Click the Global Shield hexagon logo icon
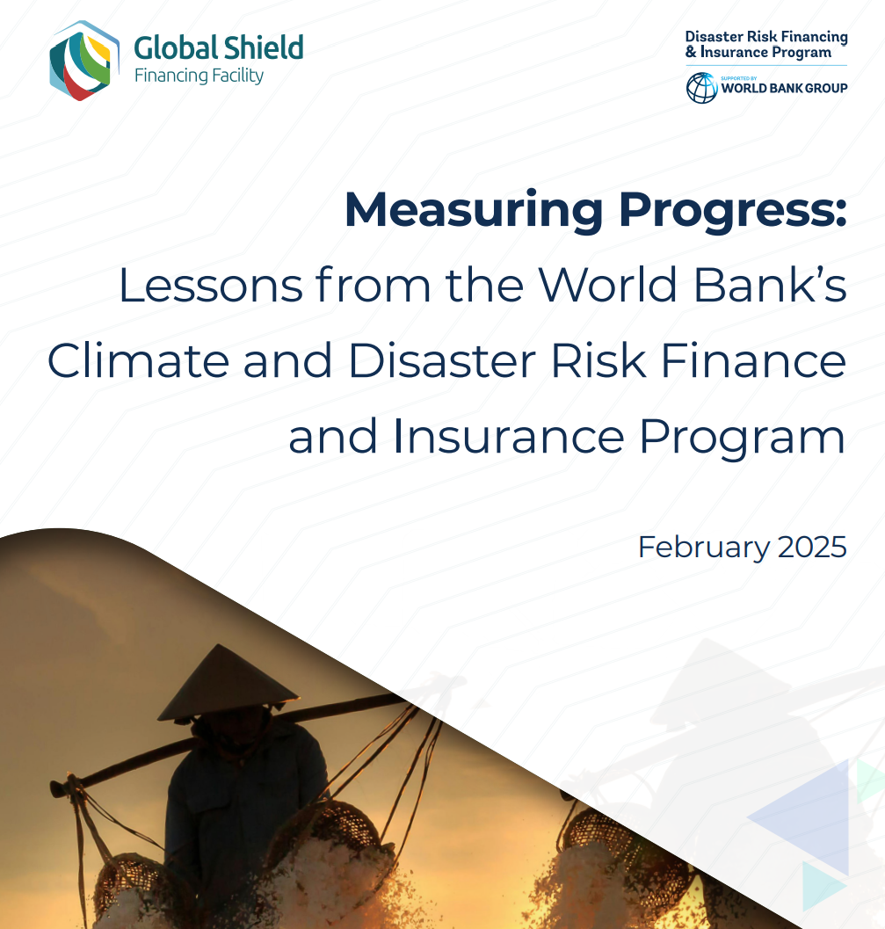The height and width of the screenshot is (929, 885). coord(83,61)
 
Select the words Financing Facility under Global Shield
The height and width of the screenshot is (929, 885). coord(199,76)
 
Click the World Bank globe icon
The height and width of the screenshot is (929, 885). coord(702,88)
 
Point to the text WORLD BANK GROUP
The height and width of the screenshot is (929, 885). coord(784,88)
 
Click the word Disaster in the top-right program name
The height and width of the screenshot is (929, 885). coord(714,37)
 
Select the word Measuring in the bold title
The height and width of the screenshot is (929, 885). coord(474,211)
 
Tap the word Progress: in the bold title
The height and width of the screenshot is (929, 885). coord(733,211)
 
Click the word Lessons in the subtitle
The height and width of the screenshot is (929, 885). coord(211,285)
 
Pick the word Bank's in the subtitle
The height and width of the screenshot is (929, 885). coord(770,285)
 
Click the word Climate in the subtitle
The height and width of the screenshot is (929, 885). coord(138,360)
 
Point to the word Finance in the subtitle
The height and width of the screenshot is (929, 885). coord(753,360)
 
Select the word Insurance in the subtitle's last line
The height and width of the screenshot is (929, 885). coord(508,436)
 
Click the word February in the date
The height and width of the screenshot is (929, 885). coord(704,548)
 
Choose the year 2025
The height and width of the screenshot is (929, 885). coord(812,547)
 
